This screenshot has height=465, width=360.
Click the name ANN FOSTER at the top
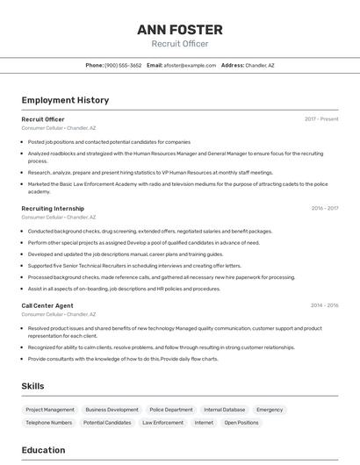[x=179, y=30]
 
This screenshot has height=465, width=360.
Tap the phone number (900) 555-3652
[x=123, y=65]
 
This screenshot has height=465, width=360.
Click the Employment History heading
[x=65, y=100]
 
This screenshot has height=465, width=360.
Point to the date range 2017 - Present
[x=321, y=118]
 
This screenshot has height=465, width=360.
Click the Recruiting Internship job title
[x=53, y=209]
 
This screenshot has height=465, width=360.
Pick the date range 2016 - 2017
[x=324, y=209]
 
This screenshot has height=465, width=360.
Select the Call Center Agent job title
[x=47, y=305]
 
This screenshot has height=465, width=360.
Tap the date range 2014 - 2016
[x=324, y=305]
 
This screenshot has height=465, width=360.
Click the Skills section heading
[x=32, y=386]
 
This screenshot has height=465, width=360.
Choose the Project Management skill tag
[x=50, y=410]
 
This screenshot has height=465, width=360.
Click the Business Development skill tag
[x=112, y=410]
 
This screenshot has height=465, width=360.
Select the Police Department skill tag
[x=171, y=410]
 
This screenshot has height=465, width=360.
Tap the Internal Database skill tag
[x=225, y=410]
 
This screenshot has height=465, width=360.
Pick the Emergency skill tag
[x=270, y=410]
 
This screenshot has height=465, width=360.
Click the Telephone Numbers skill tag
[x=49, y=423]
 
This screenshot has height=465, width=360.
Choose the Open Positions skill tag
[x=241, y=423]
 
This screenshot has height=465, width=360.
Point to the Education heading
[x=43, y=450]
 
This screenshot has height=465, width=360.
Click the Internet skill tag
[x=204, y=423]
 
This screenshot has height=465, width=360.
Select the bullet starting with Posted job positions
[x=109, y=141]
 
